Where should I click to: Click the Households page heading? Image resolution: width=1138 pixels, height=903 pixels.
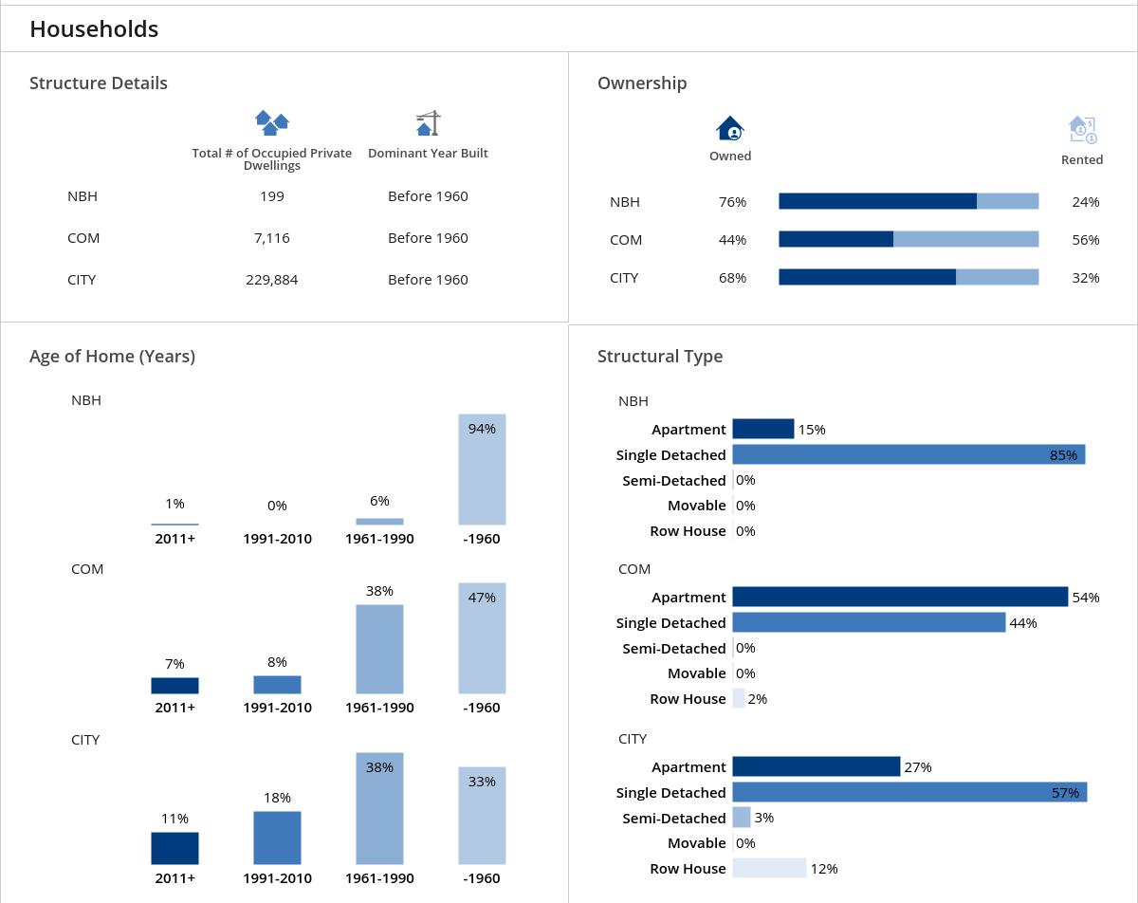point(94,29)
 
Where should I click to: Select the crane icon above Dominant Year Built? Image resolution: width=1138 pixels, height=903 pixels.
point(429,123)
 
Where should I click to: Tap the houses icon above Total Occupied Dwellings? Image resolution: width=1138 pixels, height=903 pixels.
point(272,122)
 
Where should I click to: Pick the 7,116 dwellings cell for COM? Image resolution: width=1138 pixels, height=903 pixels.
point(271,238)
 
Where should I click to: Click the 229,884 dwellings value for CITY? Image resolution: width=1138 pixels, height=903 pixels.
point(271,280)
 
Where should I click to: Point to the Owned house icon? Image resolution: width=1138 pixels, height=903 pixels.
point(730,128)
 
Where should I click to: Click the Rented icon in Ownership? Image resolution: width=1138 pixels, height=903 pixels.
point(1082,129)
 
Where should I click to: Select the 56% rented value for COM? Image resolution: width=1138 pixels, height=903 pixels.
point(1085,240)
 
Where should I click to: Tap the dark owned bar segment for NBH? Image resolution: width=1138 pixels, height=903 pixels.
point(877,201)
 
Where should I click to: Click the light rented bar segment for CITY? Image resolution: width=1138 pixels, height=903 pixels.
point(997,277)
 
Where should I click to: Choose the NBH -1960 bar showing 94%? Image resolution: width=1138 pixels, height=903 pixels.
point(482,470)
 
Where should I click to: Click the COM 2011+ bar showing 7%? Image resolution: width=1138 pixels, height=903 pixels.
point(174,686)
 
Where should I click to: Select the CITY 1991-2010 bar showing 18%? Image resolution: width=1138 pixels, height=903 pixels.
point(277,838)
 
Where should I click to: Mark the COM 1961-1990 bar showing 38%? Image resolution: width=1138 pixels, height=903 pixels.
point(379,650)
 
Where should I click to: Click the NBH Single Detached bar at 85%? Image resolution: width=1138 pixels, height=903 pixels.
point(908,455)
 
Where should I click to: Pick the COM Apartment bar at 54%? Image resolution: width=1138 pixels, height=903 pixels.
point(899,597)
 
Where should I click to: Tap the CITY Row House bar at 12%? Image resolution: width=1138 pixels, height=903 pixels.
point(769,868)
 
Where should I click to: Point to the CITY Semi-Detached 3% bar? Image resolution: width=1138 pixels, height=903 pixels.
point(742,818)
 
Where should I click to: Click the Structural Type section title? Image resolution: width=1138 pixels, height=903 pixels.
point(660,357)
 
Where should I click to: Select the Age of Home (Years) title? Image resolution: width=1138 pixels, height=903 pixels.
point(112,357)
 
